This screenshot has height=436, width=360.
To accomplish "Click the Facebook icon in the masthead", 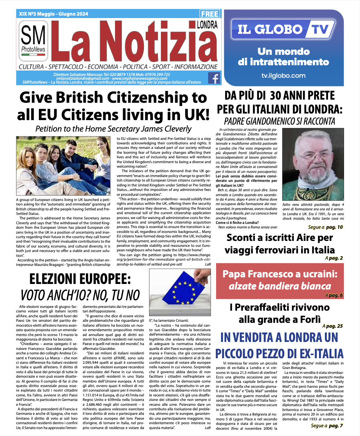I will click(x=214, y=78).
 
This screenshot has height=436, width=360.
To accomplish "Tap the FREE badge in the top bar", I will click(x=210, y=14).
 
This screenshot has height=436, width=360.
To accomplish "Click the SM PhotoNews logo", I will click(x=33, y=41).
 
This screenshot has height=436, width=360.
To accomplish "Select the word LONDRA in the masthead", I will click(x=207, y=25).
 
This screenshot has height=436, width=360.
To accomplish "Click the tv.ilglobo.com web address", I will click(x=283, y=76).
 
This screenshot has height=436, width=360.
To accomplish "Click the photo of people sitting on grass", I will click(x=63, y=166).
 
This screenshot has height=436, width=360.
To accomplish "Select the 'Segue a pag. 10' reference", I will click(x=325, y=227).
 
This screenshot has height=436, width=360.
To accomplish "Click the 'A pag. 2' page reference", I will click(x=334, y=258).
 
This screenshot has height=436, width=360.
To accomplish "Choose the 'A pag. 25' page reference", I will click(x=333, y=326).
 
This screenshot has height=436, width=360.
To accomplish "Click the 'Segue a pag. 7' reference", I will click(x=327, y=426).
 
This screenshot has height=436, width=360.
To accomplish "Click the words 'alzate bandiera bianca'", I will click(x=280, y=286).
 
